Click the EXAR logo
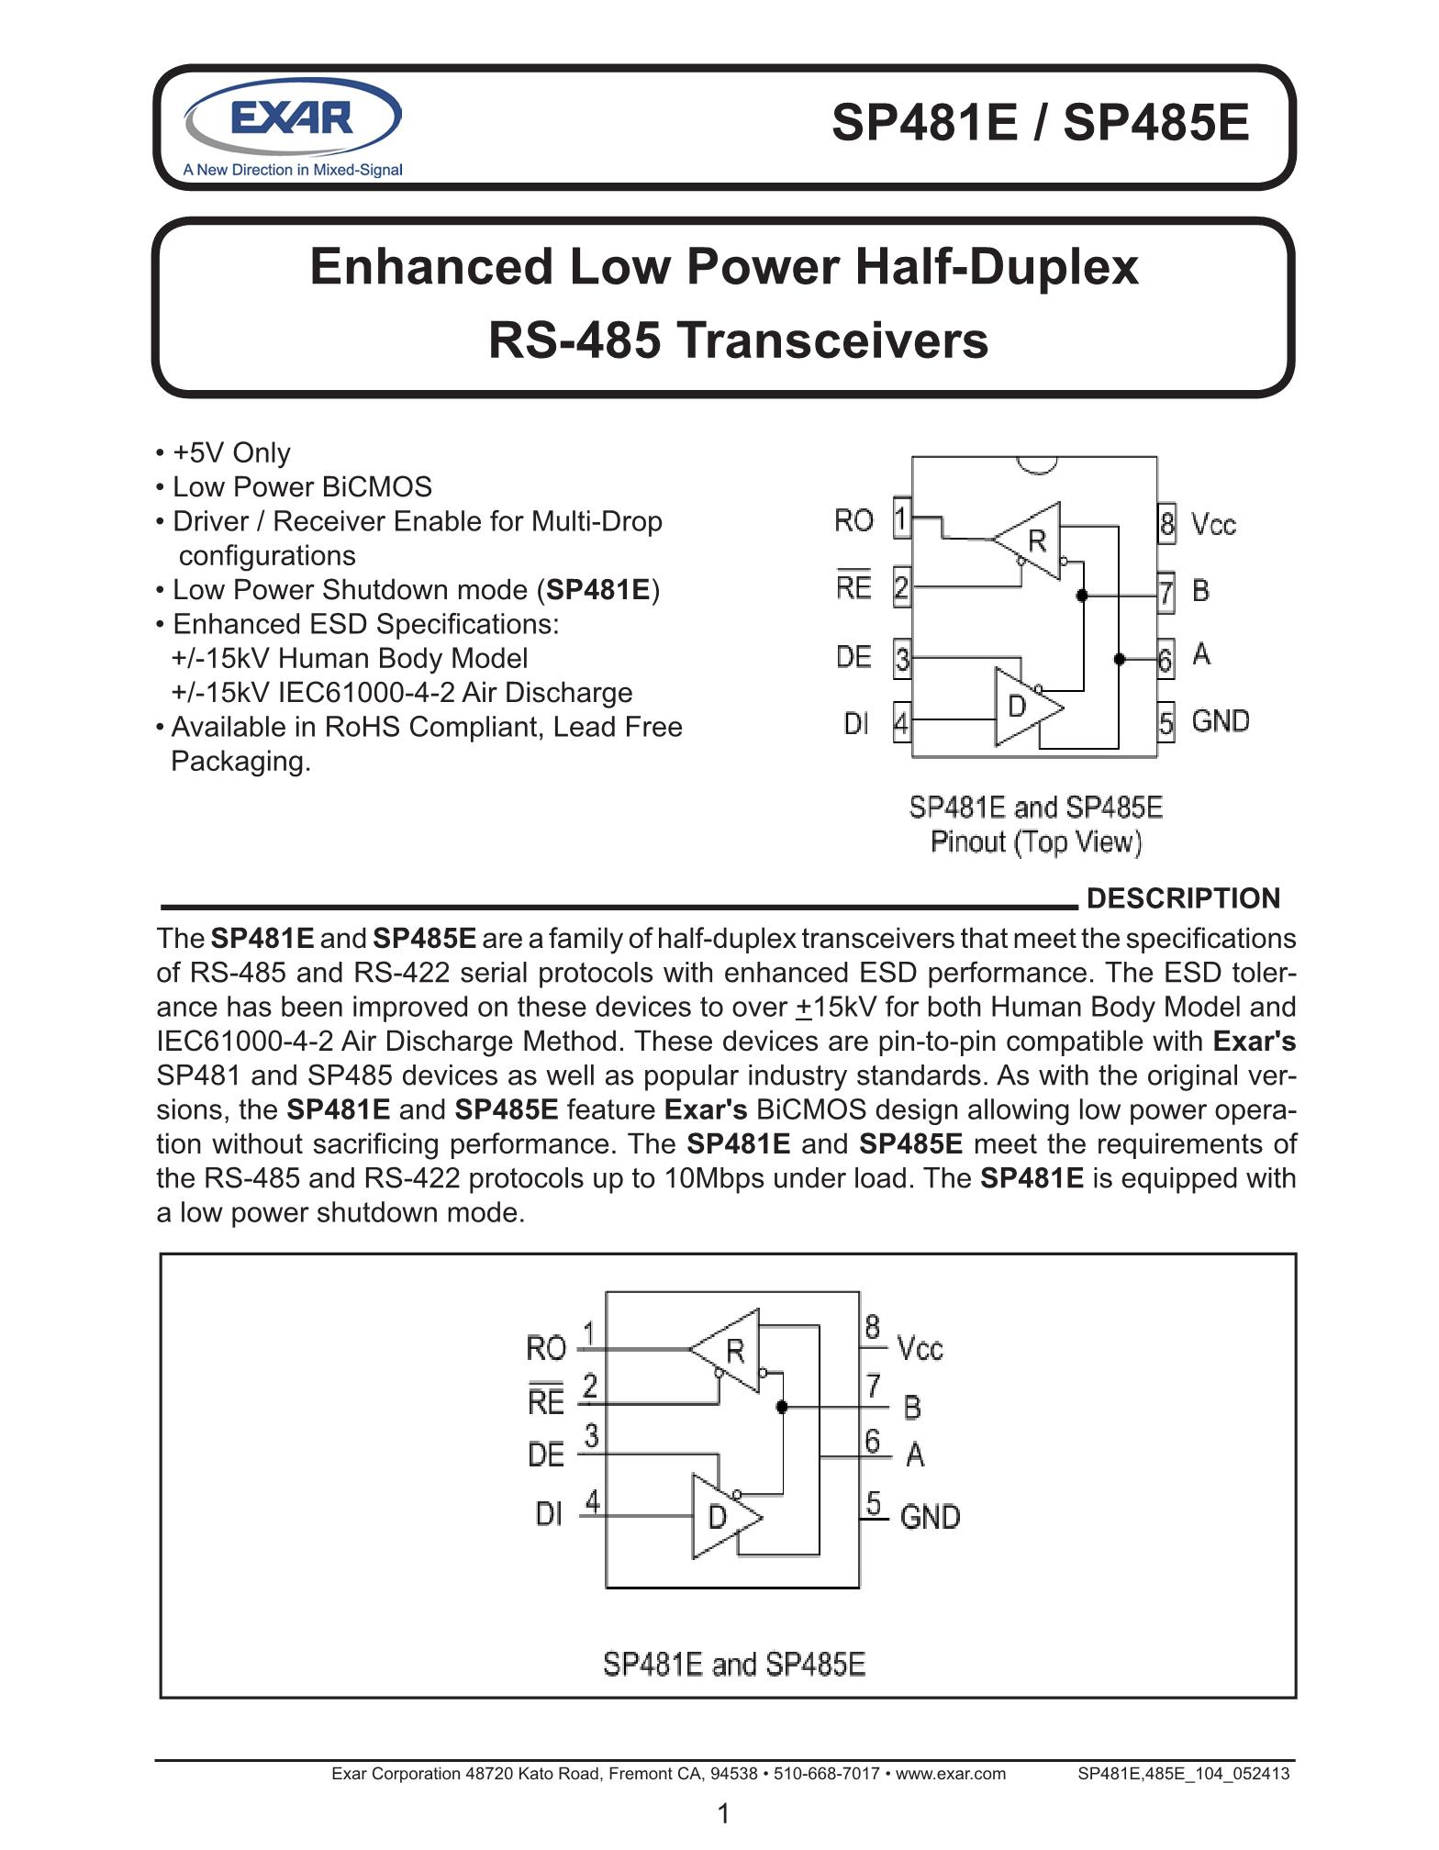click(x=293, y=119)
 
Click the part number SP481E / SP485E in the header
click(x=1040, y=122)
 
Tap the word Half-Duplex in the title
click(x=997, y=267)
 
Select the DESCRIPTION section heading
click(x=1182, y=898)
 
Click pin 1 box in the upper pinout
click(x=901, y=519)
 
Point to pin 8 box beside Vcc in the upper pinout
click(x=1166, y=524)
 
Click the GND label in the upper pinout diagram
click(x=1220, y=721)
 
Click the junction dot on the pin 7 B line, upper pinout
click(x=1082, y=596)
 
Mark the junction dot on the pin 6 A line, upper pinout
click(x=1119, y=659)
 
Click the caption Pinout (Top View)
click(x=1036, y=841)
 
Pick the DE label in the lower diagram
click(x=546, y=1454)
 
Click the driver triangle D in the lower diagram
click(x=719, y=1516)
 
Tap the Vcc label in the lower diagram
click(x=920, y=1348)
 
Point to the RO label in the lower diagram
click(x=546, y=1348)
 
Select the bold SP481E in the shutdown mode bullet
click(x=598, y=590)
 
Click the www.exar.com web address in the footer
click(x=950, y=1774)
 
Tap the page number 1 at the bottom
click(x=723, y=1813)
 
